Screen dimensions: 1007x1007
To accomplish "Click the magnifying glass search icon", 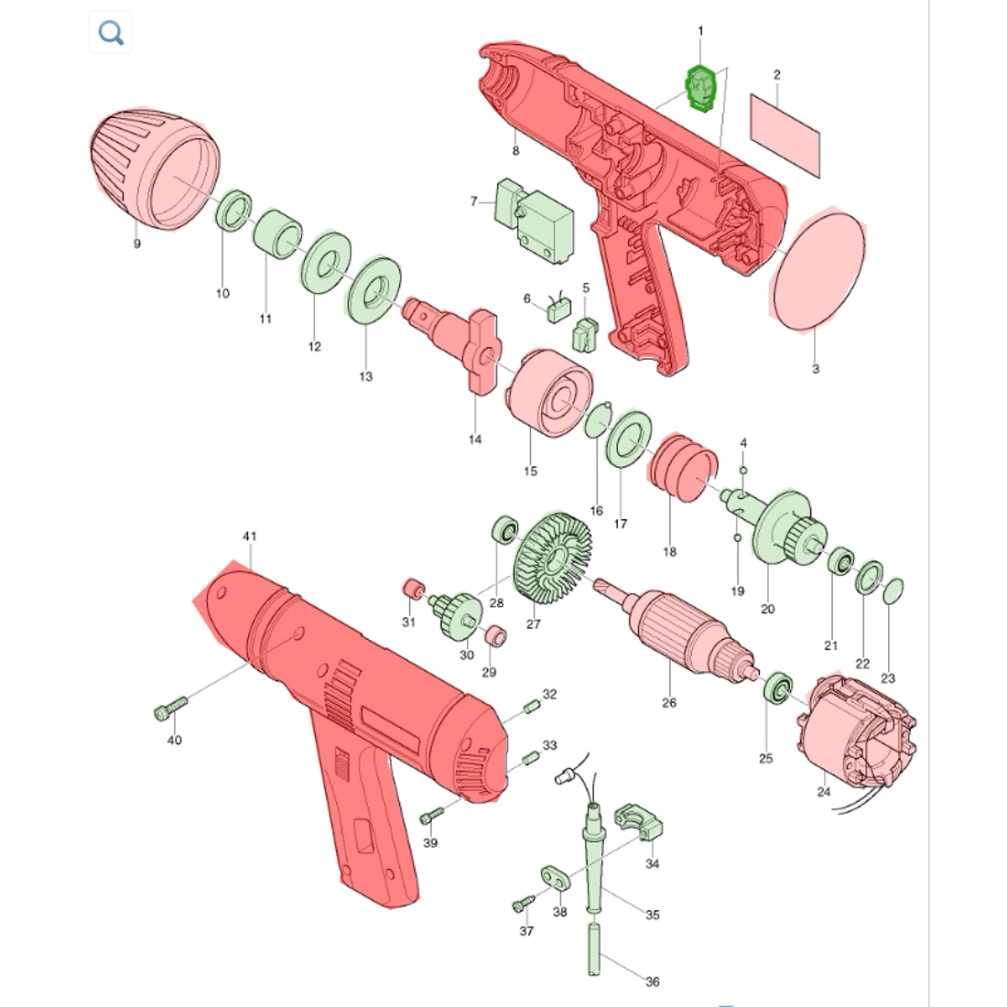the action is pyautogui.click(x=111, y=32).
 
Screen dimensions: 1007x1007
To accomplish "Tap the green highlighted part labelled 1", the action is pyautogui.click(x=701, y=87).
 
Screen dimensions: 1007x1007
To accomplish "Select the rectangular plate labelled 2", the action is pyautogui.click(x=785, y=136).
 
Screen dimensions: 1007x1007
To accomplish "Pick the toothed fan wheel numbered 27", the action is pyautogui.click(x=552, y=558).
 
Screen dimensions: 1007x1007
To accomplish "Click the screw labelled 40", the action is pyautogui.click(x=171, y=708).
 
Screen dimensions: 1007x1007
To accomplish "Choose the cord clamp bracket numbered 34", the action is pyautogui.click(x=640, y=823).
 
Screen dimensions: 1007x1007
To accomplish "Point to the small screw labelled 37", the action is pyautogui.click(x=524, y=903).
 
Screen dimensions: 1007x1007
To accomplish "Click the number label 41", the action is pyautogui.click(x=250, y=536).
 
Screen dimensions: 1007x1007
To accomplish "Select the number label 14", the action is pyautogui.click(x=474, y=439).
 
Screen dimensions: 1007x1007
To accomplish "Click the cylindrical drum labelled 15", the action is pyautogui.click(x=550, y=394).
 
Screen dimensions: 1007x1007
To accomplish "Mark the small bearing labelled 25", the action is pyautogui.click(x=778, y=689).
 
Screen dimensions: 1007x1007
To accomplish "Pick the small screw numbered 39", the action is pyautogui.click(x=431, y=817).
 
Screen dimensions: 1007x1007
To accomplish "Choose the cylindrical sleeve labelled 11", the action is pyautogui.click(x=277, y=234).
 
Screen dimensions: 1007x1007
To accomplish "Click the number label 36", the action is pyautogui.click(x=653, y=981).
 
